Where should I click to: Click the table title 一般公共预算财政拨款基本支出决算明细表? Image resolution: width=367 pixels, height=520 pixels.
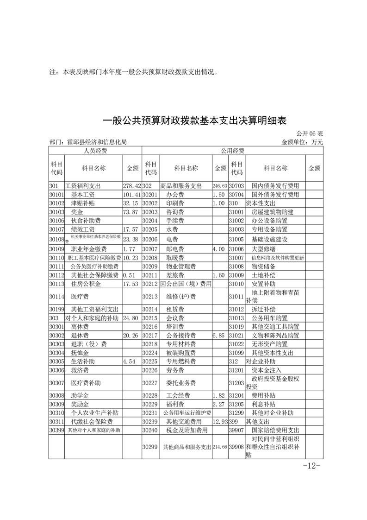tap(194, 121)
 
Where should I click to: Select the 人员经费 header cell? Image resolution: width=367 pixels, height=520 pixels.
tap(95, 151)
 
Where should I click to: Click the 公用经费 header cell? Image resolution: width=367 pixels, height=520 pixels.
tap(232, 151)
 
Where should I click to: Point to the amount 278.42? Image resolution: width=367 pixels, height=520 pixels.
tap(132, 186)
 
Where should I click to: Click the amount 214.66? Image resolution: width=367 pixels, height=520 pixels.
tap(220, 447)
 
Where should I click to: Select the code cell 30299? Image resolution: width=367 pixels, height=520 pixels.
tap(150, 447)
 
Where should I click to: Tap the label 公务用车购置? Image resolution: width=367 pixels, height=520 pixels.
tap(269, 318)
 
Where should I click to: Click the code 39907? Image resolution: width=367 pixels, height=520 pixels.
tap(236, 430)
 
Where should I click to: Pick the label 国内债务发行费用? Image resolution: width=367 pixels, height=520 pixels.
tap(275, 186)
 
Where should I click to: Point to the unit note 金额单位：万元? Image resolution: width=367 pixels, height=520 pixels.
tap(302, 142)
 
